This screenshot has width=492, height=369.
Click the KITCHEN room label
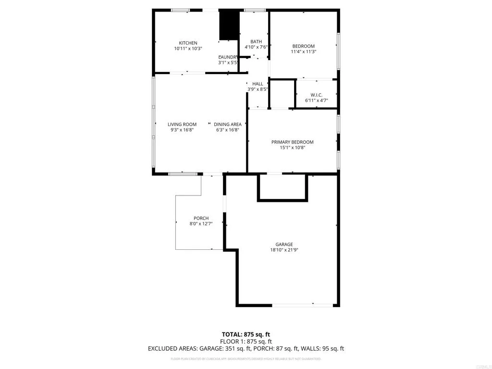188,43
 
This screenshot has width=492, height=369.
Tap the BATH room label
256,42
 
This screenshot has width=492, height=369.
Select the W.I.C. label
316,94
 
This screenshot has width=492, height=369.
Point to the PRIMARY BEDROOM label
292,142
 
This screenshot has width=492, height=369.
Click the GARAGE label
284,244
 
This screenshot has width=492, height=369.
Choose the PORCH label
201,219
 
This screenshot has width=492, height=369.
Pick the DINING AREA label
228,124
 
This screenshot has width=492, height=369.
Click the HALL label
258,84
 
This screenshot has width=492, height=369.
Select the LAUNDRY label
228,57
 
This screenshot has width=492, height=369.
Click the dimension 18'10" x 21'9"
284,250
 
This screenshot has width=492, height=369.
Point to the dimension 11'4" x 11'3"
304,51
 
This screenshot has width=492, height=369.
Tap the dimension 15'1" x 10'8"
292,148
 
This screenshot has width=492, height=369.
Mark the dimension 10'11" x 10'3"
188,49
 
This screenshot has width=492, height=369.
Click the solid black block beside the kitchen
229,26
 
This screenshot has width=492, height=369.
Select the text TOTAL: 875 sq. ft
246,334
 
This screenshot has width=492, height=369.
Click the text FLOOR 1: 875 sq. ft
246,341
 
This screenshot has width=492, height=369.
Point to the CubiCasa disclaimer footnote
246,359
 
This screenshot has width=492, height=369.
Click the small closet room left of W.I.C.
282,94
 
